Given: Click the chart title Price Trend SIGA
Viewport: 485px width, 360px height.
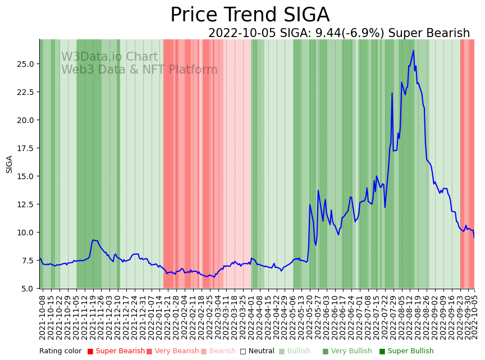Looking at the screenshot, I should (x=250, y=15).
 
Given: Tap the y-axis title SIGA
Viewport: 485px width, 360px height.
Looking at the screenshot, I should (x=9, y=164).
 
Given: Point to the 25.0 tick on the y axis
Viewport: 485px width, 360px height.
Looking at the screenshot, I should (x=26, y=64).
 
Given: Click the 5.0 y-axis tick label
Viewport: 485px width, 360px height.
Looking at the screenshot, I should (x=29, y=289).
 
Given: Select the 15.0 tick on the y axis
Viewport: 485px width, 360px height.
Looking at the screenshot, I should (x=26, y=176).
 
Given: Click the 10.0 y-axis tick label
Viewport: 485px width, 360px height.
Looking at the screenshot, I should (x=26, y=233).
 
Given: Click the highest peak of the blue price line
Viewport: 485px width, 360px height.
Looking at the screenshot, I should (x=413, y=51).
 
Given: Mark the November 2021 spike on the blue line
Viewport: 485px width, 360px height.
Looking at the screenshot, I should (x=93, y=240).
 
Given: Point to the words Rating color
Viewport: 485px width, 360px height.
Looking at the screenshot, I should (x=61, y=352).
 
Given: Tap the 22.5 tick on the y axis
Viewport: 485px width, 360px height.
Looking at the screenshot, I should (x=26, y=92).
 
